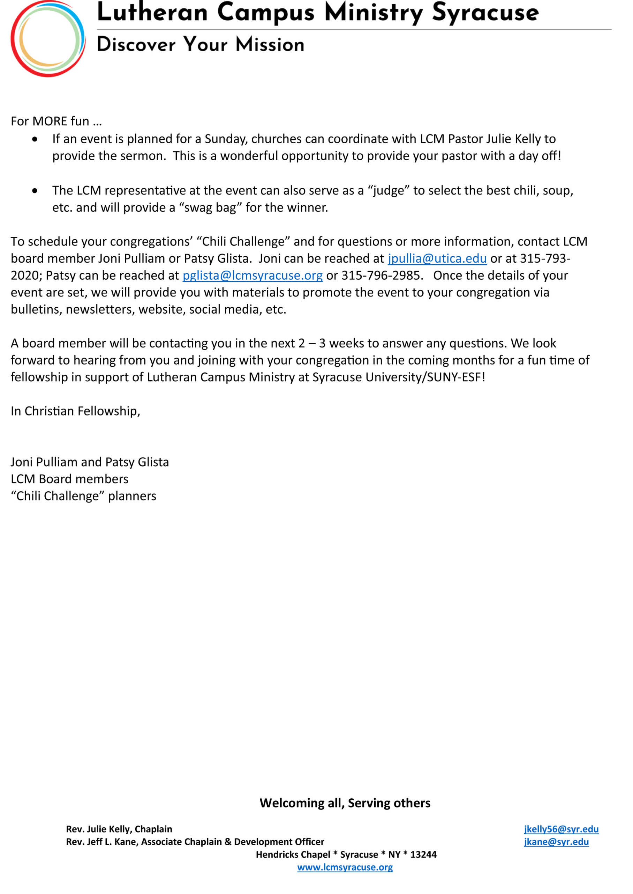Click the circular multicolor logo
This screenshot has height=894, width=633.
[x=47, y=38]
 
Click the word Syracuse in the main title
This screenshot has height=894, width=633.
[x=485, y=13]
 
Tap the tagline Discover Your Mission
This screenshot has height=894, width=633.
[x=200, y=44]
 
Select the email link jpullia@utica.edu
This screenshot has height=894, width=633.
[x=437, y=258]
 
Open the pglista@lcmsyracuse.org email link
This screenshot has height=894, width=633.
[x=253, y=276]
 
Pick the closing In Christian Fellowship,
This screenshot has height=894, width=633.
[x=75, y=411]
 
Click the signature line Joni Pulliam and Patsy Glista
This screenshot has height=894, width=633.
[x=90, y=462]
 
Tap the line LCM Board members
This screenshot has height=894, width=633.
[x=69, y=479]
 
